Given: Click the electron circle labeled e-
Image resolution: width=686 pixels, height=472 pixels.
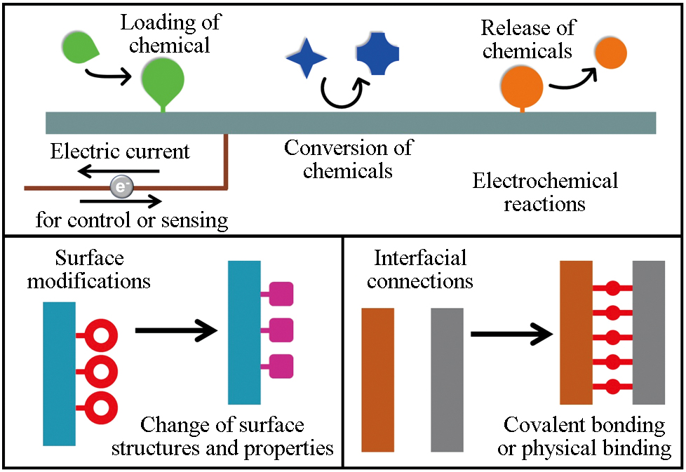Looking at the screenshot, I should click(120, 187).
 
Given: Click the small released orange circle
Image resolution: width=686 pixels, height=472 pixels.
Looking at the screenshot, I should click(610, 53).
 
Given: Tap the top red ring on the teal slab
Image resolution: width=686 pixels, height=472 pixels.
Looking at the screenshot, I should click(99, 337).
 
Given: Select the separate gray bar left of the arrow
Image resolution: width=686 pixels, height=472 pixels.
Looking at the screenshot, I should click(447, 379).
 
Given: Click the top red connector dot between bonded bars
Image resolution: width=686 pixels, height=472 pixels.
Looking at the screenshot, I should click(612, 288).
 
